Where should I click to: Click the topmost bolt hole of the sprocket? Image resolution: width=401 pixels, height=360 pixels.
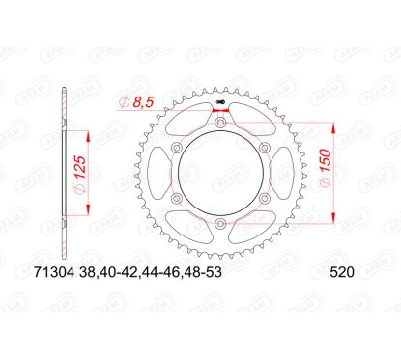[x=220, y=122]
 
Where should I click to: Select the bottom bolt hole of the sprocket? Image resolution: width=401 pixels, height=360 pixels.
[x=220, y=224]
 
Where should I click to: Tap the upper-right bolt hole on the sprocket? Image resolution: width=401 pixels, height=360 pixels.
[x=264, y=148]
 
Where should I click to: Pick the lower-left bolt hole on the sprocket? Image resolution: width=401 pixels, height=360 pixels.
[x=177, y=199]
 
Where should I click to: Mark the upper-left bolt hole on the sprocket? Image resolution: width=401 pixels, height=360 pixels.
[x=177, y=148]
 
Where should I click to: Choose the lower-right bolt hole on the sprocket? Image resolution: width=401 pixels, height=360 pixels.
[x=264, y=199]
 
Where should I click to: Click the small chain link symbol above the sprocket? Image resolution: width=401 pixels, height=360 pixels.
[x=220, y=100]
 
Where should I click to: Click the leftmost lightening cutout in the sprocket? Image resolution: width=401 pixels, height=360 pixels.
[x=160, y=174]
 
